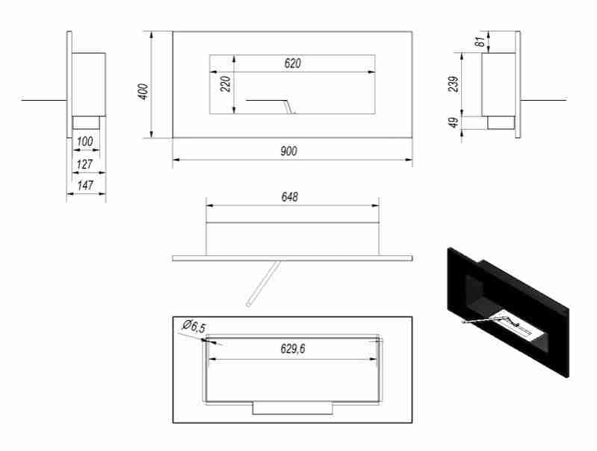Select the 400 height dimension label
tap(144, 90)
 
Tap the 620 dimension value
tap(292, 64)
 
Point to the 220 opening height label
tap(226, 83)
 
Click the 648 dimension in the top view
tap(290, 197)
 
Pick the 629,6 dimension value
tap(292, 349)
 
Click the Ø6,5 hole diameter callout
tap(193, 327)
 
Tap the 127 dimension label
tap(86, 164)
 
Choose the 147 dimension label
tap(86, 185)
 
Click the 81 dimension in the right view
tap(479, 42)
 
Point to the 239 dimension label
tap(453, 85)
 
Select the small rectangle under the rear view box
tap(293, 408)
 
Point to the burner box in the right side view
tap(500, 122)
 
